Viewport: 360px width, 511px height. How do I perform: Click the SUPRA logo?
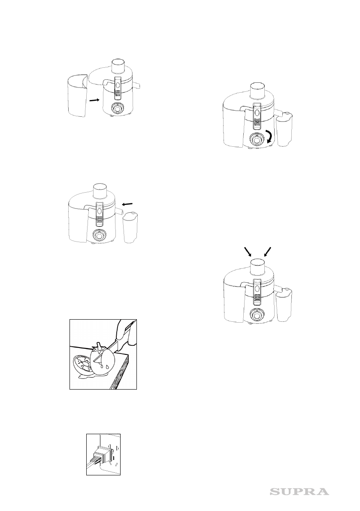tap(299, 491)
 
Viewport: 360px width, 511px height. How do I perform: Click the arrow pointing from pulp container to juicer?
tap(94, 100)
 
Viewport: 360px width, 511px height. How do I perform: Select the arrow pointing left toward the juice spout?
tap(127, 204)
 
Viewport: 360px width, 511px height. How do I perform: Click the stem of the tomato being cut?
tap(98, 346)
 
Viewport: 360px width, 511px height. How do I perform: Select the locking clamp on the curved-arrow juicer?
tap(257, 116)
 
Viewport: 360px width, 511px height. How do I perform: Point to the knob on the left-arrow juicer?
tap(99, 235)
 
